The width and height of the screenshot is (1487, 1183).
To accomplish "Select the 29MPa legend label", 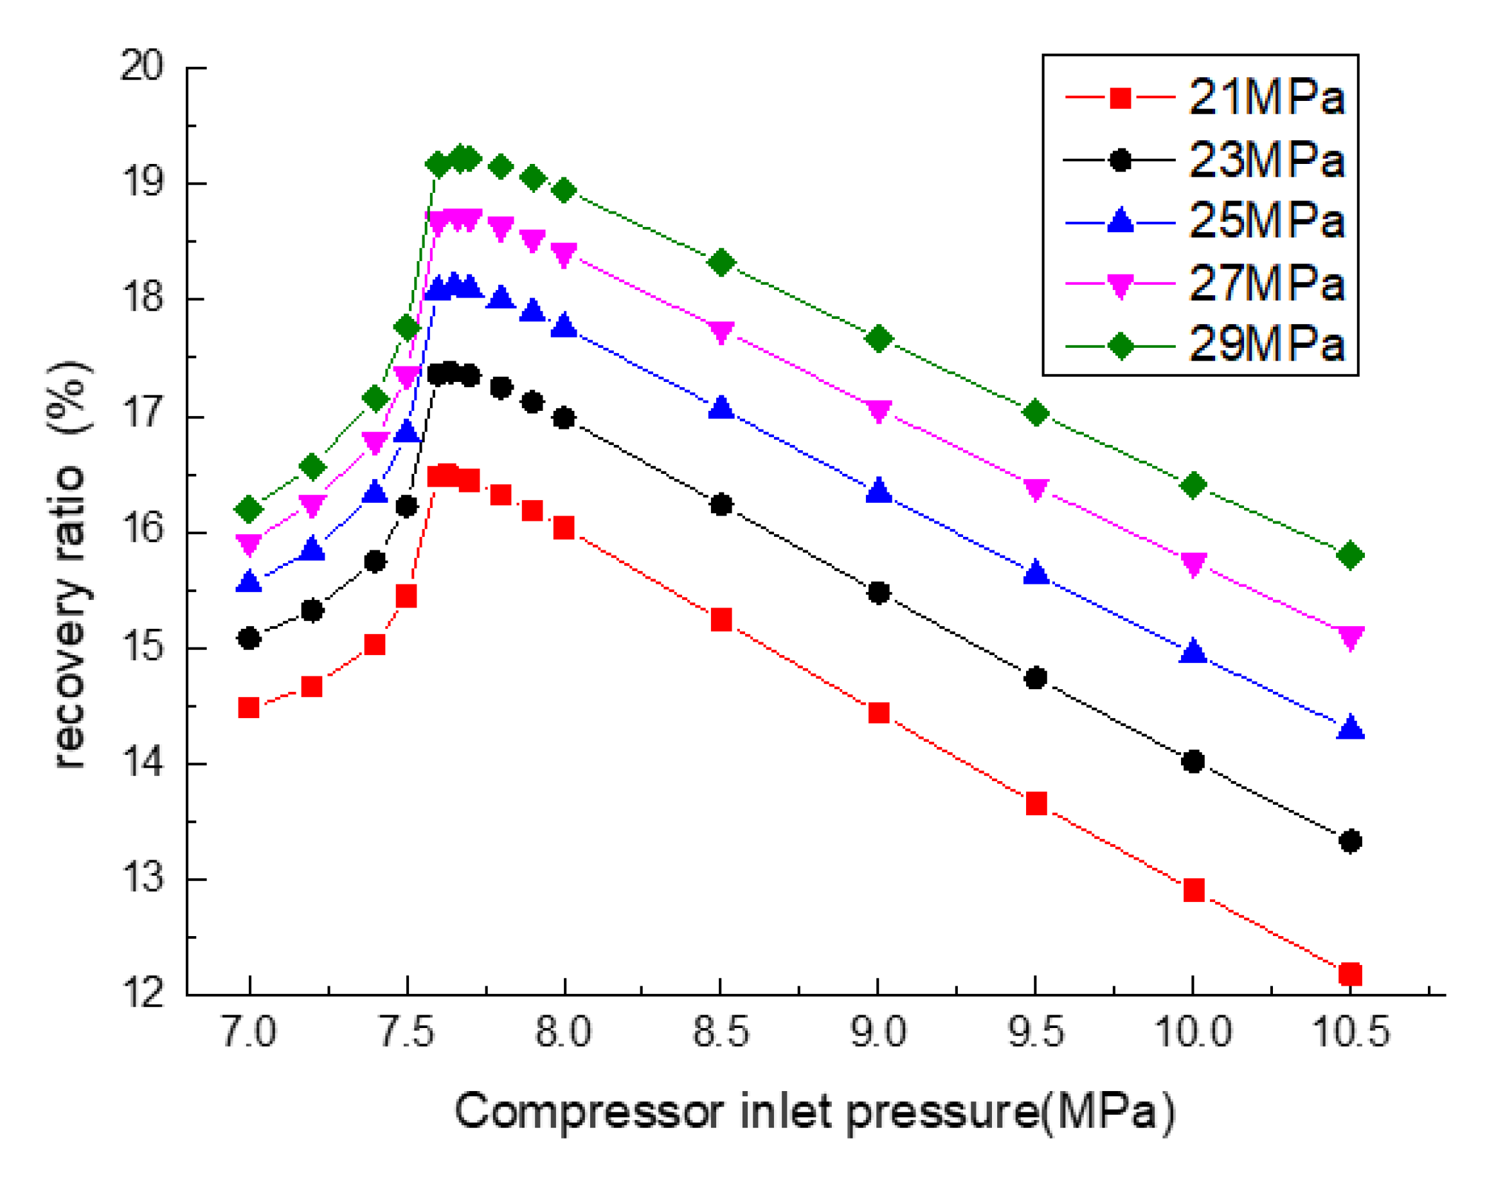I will [x=1266, y=344].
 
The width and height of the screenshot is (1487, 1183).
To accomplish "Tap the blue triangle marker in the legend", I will [x=1120, y=221].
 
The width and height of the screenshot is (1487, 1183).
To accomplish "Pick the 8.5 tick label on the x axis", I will [x=721, y=1033].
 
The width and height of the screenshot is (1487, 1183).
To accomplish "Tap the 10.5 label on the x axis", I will [x=1351, y=1033].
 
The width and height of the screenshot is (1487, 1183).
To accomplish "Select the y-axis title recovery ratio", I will [x=69, y=566].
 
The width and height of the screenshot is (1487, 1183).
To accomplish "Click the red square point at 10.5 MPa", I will [x=1350, y=974].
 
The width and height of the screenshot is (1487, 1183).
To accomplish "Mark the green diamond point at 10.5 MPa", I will [x=1350, y=555].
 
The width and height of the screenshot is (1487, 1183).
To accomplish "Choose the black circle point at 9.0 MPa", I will [x=878, y=593].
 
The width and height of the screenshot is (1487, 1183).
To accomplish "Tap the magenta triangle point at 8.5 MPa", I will [x=721, y=332].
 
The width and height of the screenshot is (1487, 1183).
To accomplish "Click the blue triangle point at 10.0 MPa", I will [x=1193, y=652].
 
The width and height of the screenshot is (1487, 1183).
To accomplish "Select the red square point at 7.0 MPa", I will [x=248, y=708].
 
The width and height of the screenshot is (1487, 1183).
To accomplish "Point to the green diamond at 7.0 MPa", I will [x=248, y=510].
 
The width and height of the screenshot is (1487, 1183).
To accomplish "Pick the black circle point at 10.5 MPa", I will [x=1350, y=842].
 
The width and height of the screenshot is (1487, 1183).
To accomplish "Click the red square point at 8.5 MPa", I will [x=721, y=619].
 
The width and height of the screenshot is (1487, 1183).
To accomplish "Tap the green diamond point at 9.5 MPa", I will [x=1036, y=413].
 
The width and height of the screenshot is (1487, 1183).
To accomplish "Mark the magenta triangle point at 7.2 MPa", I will [x=312, y=505].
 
